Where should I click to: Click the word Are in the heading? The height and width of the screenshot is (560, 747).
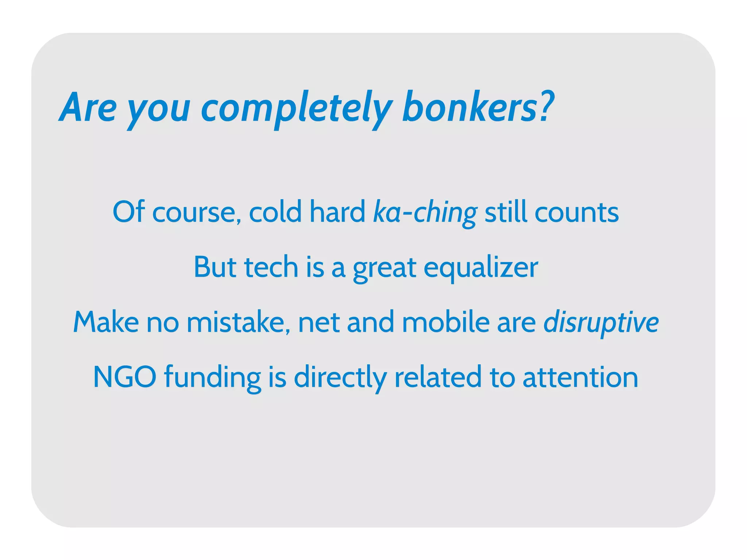(x=88, y=108)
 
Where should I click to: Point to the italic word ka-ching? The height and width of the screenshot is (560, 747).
(x=425, y=213)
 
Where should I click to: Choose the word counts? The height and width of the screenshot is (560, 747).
(x=576, y=213)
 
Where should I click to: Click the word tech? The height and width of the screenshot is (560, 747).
(x=271, y=267)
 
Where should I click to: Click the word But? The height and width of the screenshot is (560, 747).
(x=215, y=267)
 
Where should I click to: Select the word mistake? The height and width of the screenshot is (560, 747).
(x=238, y=322)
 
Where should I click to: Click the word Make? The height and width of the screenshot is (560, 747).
(x=106, y=322)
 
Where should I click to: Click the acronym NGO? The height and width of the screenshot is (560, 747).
(x=125, y=377)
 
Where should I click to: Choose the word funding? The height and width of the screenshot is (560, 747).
(x=212, y=378)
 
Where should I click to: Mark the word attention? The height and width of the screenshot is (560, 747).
(x=580, y=377)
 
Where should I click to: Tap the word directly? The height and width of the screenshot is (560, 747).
(x=340, y=378)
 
